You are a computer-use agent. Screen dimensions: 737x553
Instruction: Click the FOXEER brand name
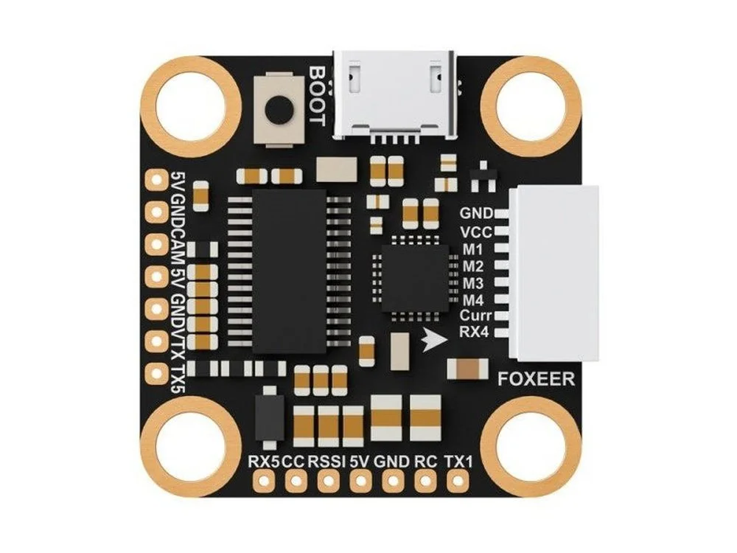[536, 379]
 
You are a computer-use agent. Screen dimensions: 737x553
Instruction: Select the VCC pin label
[476, 232]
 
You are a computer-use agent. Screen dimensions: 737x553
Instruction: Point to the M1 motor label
[473, 249]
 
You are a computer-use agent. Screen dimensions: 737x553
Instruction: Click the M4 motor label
[473, 300]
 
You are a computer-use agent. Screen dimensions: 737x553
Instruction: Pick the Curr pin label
[475, 315]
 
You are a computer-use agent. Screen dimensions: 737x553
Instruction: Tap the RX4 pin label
[474, 332]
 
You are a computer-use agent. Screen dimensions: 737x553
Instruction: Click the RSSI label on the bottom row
[327, 462]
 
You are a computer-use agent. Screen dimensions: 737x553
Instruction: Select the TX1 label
[458, 462]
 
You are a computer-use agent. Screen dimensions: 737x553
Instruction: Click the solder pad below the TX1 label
[456, 481]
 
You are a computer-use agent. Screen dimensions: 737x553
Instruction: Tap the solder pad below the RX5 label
[263, 481]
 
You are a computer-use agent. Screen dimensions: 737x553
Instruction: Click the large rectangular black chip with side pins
[290, 272]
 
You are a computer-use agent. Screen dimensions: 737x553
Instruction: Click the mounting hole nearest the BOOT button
[192, 107]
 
